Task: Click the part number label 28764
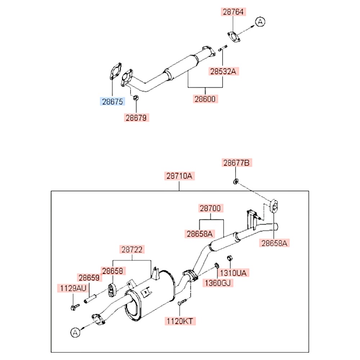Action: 233,12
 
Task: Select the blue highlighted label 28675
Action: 112,102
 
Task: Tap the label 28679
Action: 137,117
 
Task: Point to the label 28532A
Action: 223,71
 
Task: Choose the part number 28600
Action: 206,99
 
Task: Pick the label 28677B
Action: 236,163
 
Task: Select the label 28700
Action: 211,208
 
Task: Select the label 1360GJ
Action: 217,283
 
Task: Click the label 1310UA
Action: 233,273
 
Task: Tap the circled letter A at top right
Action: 260,22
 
